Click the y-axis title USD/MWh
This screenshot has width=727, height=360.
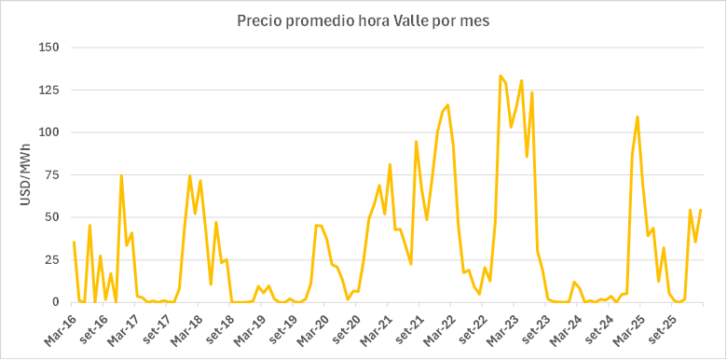click(x=24, y=174)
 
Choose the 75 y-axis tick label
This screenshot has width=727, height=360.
click(x=50, y=175)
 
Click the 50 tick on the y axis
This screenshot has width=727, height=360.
click(x=50, y=217)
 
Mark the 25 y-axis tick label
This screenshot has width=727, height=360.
click(x=50, y=260)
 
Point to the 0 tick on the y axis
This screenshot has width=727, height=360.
click(x=54, y=302)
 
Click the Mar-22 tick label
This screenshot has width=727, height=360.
click(x=441, y=324)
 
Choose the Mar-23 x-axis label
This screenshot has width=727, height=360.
click(x=504, y=324)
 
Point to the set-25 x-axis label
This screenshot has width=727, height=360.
click(x=665, y=323)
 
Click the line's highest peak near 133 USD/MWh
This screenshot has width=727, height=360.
click(x=501, y=76)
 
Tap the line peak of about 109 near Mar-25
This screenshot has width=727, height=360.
click(x=638, y=117)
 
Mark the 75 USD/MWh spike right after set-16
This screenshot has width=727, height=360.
click(x=121, y=175)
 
